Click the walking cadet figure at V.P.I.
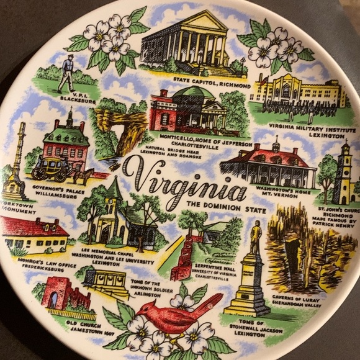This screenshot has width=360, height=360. pyautogui.click(x=66, y=73)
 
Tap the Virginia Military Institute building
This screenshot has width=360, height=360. pyautogui.click(x=298, y=90)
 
